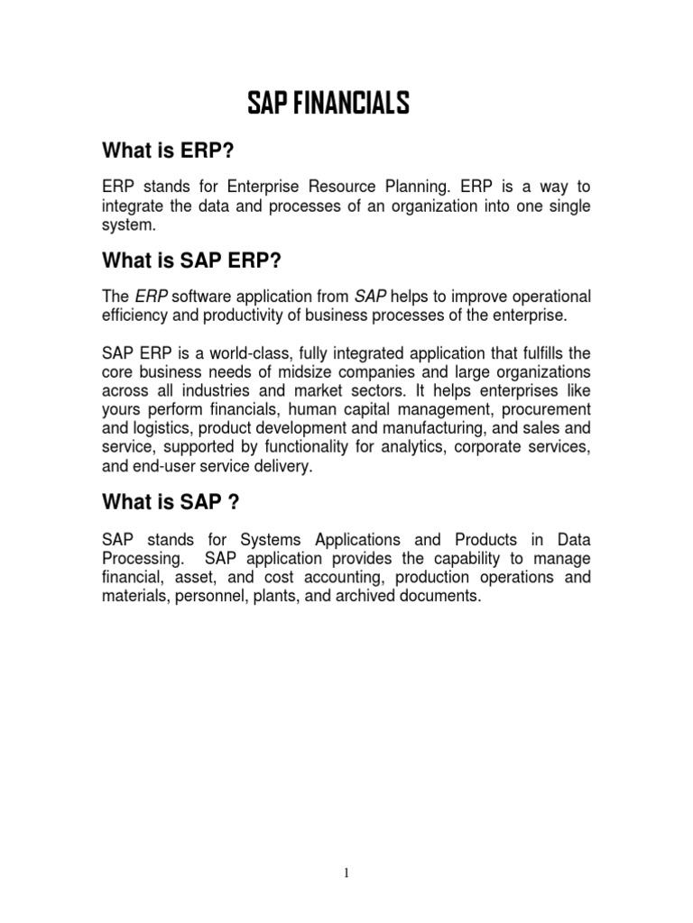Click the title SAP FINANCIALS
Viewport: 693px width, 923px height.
coord(328,105)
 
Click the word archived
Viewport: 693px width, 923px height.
coord(355,597)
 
